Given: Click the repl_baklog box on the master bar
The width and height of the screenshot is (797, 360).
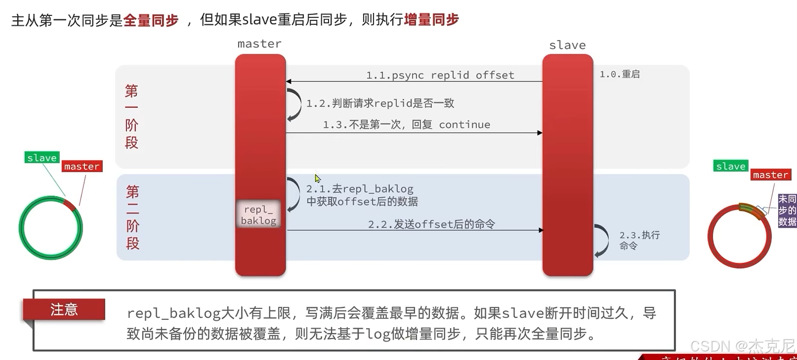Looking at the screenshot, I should pyautogui.click(x=259, y=215).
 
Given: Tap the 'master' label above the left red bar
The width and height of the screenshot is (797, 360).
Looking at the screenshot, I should pyautogui.click(x=260, y=44).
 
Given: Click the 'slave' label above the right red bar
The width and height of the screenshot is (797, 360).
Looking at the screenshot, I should pyautogui.click(x=567, y=45).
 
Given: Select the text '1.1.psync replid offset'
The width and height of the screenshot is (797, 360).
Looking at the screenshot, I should pyautogui.click(x=440, y=75).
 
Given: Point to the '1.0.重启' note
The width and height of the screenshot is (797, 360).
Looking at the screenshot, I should pyautogui.click(x=620, y=74).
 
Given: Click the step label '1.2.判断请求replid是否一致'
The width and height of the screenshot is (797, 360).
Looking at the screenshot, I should pyautogui.click(x=380, y=103).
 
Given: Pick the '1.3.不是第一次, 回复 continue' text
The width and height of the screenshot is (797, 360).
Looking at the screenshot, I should pyautogui.click(x=406, y=125).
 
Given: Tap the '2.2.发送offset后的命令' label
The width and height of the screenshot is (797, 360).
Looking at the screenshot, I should pyautogui.click(x=431, y=224).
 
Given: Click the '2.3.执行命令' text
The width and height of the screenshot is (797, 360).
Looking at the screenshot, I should pyautogui.click(x=639, y=240).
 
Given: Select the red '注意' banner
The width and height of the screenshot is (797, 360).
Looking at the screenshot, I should pyautogui.click(x=64, y=309).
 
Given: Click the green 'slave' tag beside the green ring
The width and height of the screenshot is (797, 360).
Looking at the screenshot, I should pyautogui.click(x=42, y=158).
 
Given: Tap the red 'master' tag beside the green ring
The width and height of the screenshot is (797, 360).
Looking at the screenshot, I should pyautogui.click(x=82, y=166).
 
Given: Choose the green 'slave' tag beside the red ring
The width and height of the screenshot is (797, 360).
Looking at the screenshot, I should pyautogui.click(x=730, y=166).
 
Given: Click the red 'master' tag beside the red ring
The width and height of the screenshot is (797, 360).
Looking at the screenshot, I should pyautogui.click(x=770, y=175).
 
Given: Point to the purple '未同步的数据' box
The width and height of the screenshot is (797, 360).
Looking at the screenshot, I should pyautogui.click(x=787, y=211).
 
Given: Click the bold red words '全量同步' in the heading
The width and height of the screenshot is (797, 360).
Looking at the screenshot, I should pyautogui.click(x=151, y=20).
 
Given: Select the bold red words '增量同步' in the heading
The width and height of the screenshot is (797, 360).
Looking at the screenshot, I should pyautogui.click(x=431, y=20).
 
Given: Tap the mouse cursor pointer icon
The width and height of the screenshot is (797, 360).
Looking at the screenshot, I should pyautogui.click(x=317, y=178).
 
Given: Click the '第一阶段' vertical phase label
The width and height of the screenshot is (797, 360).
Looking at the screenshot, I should pyautogui.click(x=131, y=116).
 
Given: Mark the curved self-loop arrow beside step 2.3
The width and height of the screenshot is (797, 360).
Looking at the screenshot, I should pyautogui.click(x=602, y=241).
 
